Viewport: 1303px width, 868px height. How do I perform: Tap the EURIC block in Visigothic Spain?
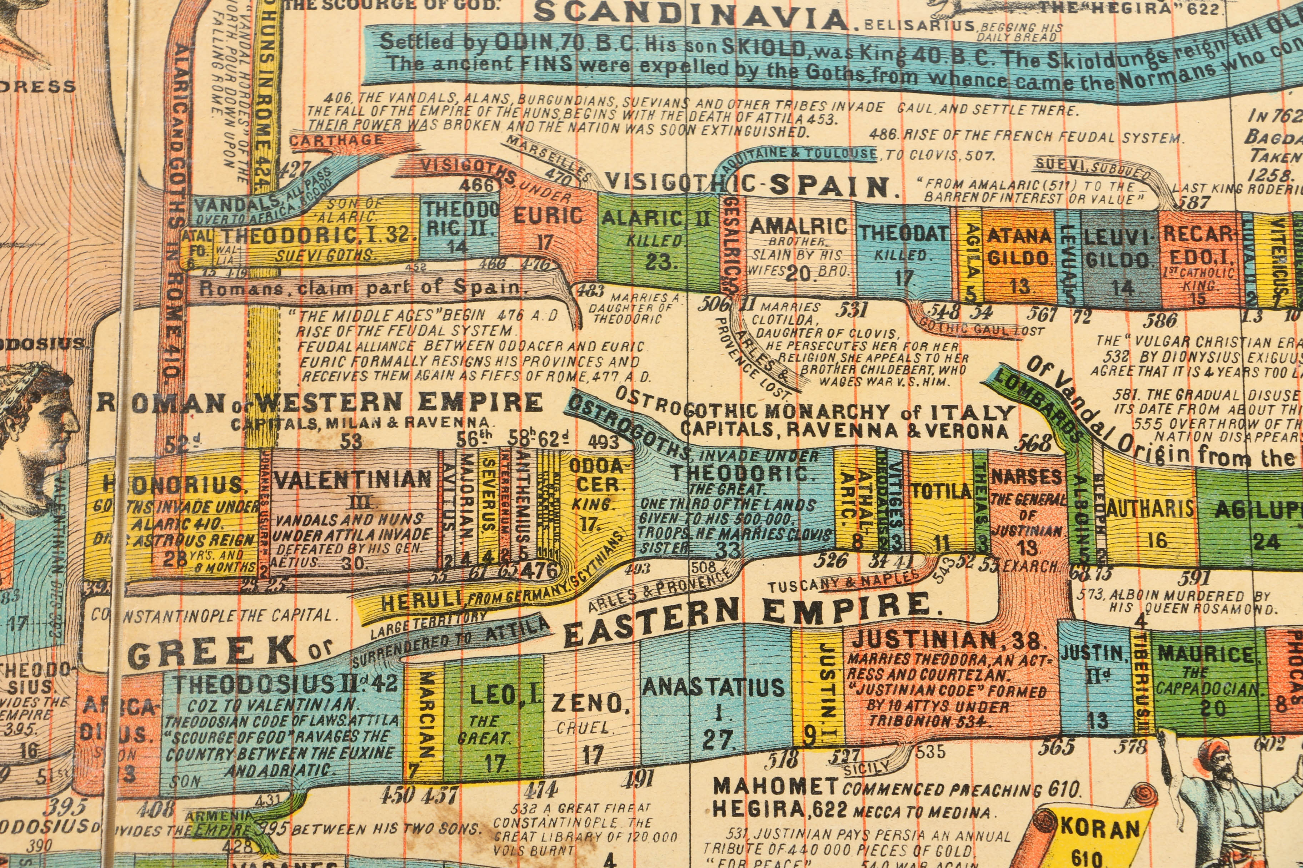coord(547,227)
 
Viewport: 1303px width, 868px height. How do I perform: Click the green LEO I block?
coord(493,720)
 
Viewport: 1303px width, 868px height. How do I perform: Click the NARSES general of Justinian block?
coord(1027,509)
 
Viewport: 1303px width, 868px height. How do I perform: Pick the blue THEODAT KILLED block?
coord(903,249)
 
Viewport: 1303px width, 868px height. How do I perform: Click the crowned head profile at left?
coord(39,410)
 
